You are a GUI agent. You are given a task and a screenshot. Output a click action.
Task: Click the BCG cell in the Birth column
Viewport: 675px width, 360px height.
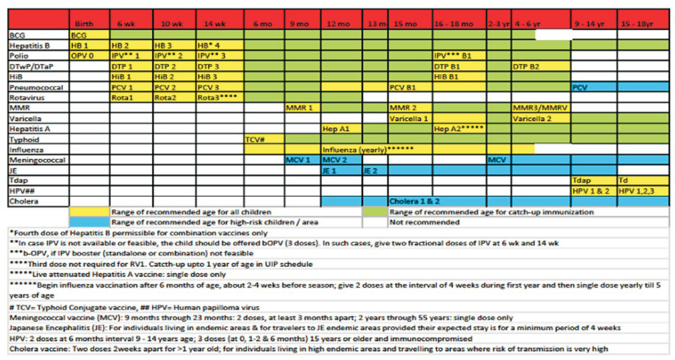point(89,36)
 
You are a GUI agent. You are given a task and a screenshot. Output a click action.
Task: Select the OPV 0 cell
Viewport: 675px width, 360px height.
point(89,55)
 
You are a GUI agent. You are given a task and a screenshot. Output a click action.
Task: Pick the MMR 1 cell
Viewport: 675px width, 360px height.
point(301,108)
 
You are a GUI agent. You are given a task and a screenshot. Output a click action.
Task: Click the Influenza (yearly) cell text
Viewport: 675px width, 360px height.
point(368,149)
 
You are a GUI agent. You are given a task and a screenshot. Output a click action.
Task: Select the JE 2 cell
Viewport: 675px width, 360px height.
point(374,170)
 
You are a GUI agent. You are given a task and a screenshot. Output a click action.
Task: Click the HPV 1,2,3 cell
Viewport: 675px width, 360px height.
point(642,191)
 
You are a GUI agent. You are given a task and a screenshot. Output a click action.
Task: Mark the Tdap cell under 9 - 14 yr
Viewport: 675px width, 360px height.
point(593,180)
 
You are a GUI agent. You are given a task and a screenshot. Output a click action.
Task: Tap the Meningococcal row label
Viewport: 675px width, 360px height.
point(37,159)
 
